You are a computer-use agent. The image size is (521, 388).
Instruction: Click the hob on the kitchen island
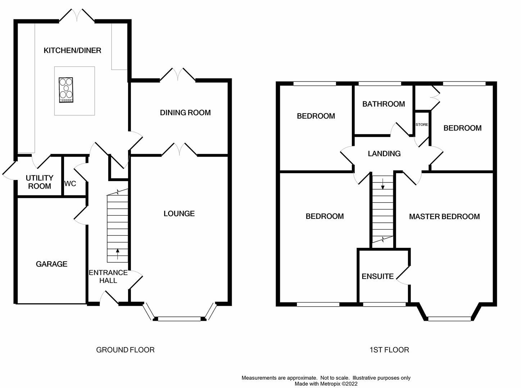tap(66, 90)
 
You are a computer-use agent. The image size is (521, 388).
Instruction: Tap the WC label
tap(70, 184)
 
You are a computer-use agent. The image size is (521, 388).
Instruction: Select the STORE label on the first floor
tap(422, 125)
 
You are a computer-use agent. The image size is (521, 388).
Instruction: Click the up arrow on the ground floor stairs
tap(117, 254)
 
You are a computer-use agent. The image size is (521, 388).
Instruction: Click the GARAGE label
tap(51, 264)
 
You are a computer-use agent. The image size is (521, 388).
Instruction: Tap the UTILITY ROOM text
tap(40, 182)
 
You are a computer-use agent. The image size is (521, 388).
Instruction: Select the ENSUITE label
tap(377, 276)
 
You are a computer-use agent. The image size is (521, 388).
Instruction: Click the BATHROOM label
tap(384, 104)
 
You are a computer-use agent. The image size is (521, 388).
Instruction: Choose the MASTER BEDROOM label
tap(444, 217)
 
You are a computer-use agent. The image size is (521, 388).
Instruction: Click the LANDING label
tap(384, 154)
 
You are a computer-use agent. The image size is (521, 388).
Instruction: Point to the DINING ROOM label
tap(185, 113)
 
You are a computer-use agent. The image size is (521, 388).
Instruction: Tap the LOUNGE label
tap(179, 214)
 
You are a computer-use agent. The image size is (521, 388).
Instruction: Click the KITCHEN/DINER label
tap(72, 51)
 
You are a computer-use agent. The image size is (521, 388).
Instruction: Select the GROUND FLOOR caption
tap(125, 350)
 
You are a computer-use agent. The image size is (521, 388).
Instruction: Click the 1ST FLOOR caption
tap(389, 350)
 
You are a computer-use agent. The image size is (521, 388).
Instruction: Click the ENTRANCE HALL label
tap(108, 276)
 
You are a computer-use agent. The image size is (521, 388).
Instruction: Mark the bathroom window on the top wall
tap(380, 84)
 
